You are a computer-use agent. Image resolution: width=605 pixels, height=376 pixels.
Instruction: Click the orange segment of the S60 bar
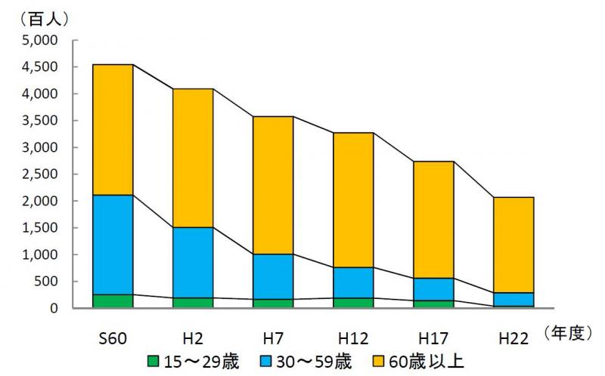(112, 129)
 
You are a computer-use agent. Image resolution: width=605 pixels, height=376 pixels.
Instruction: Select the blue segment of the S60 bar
(112, 244)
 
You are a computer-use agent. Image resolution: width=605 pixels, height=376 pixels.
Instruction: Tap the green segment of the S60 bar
(112, 301)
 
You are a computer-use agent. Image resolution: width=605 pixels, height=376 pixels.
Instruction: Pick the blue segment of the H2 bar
(192, 262)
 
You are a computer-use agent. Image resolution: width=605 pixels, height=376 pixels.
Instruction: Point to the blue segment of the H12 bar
(352, 282)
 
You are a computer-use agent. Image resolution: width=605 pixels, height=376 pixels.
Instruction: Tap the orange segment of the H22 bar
(513, 245)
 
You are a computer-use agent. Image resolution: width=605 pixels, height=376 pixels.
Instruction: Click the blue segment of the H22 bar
(513, 299)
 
